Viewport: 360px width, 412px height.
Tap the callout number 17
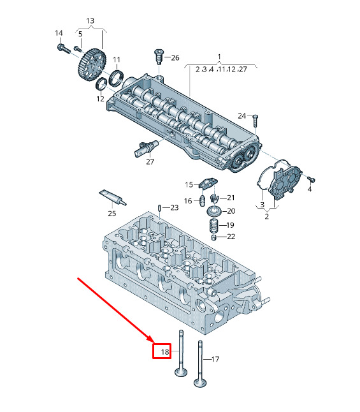pyautogui.click(x=215, y=359)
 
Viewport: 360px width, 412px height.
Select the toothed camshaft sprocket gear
pyautogui.click(x=92, y=64)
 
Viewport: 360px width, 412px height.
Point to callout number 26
pyautogui.click(x=175, y=57)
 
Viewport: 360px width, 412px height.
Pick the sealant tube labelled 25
pyautogui.click(x=112, y=197)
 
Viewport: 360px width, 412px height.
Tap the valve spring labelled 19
pyautogui.click(x=215, y=225)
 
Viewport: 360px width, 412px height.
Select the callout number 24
pyautogui.click(x=242, y=116)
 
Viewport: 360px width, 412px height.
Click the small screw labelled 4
pyautogui.click(x=312, y=179)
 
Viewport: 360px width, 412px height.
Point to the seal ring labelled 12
pyautogui.click(x=101, y=84)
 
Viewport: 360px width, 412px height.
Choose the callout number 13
pyautogui.click(x=90, y=21)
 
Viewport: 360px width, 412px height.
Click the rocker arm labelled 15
pyautogui.click(x=208, y=182)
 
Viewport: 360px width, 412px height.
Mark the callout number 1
pyautogui.click(x=219, y=57)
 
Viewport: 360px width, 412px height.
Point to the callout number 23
pyautogui.click(x=175, y=207)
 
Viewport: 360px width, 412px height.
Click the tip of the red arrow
pyautogui.click(x=153, y=342)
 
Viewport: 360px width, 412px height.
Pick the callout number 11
pyautogui.click(x=117, y=60)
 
